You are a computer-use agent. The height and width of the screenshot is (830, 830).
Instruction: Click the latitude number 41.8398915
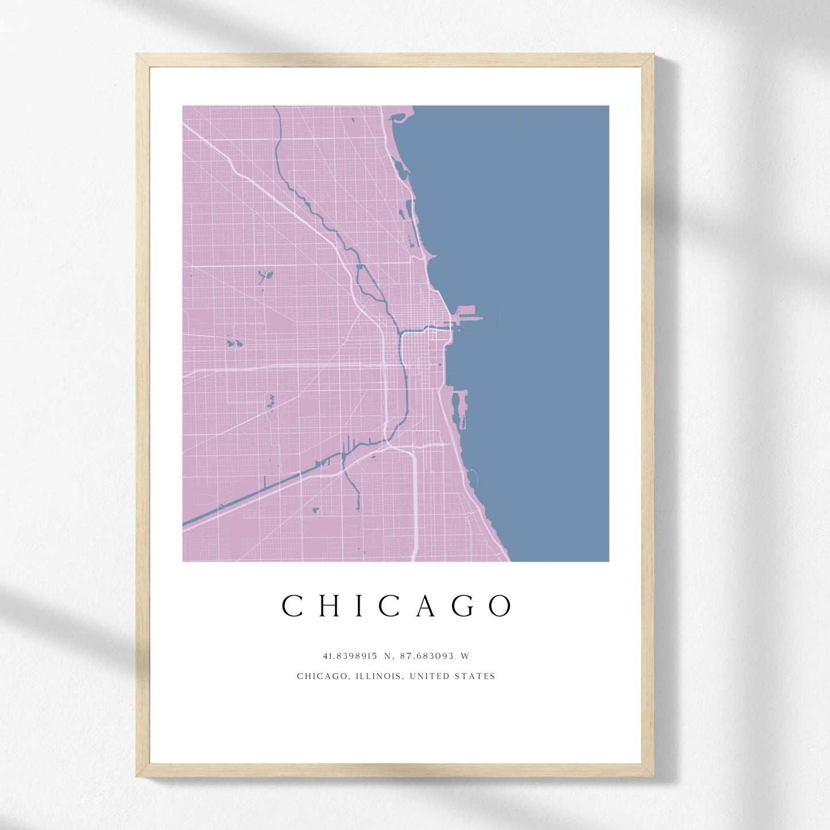(x=350, y=656)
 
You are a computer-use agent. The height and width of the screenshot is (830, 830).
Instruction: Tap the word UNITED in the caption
(x=430, y=677)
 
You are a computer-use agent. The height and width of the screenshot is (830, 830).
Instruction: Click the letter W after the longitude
(x=465, y=656)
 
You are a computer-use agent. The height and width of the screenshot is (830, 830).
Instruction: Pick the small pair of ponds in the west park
(x=234, y=343)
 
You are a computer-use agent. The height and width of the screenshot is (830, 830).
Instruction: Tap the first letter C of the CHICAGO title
(x=292, y=606)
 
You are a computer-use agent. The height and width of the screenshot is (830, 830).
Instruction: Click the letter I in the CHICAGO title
(x=360, y=606)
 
